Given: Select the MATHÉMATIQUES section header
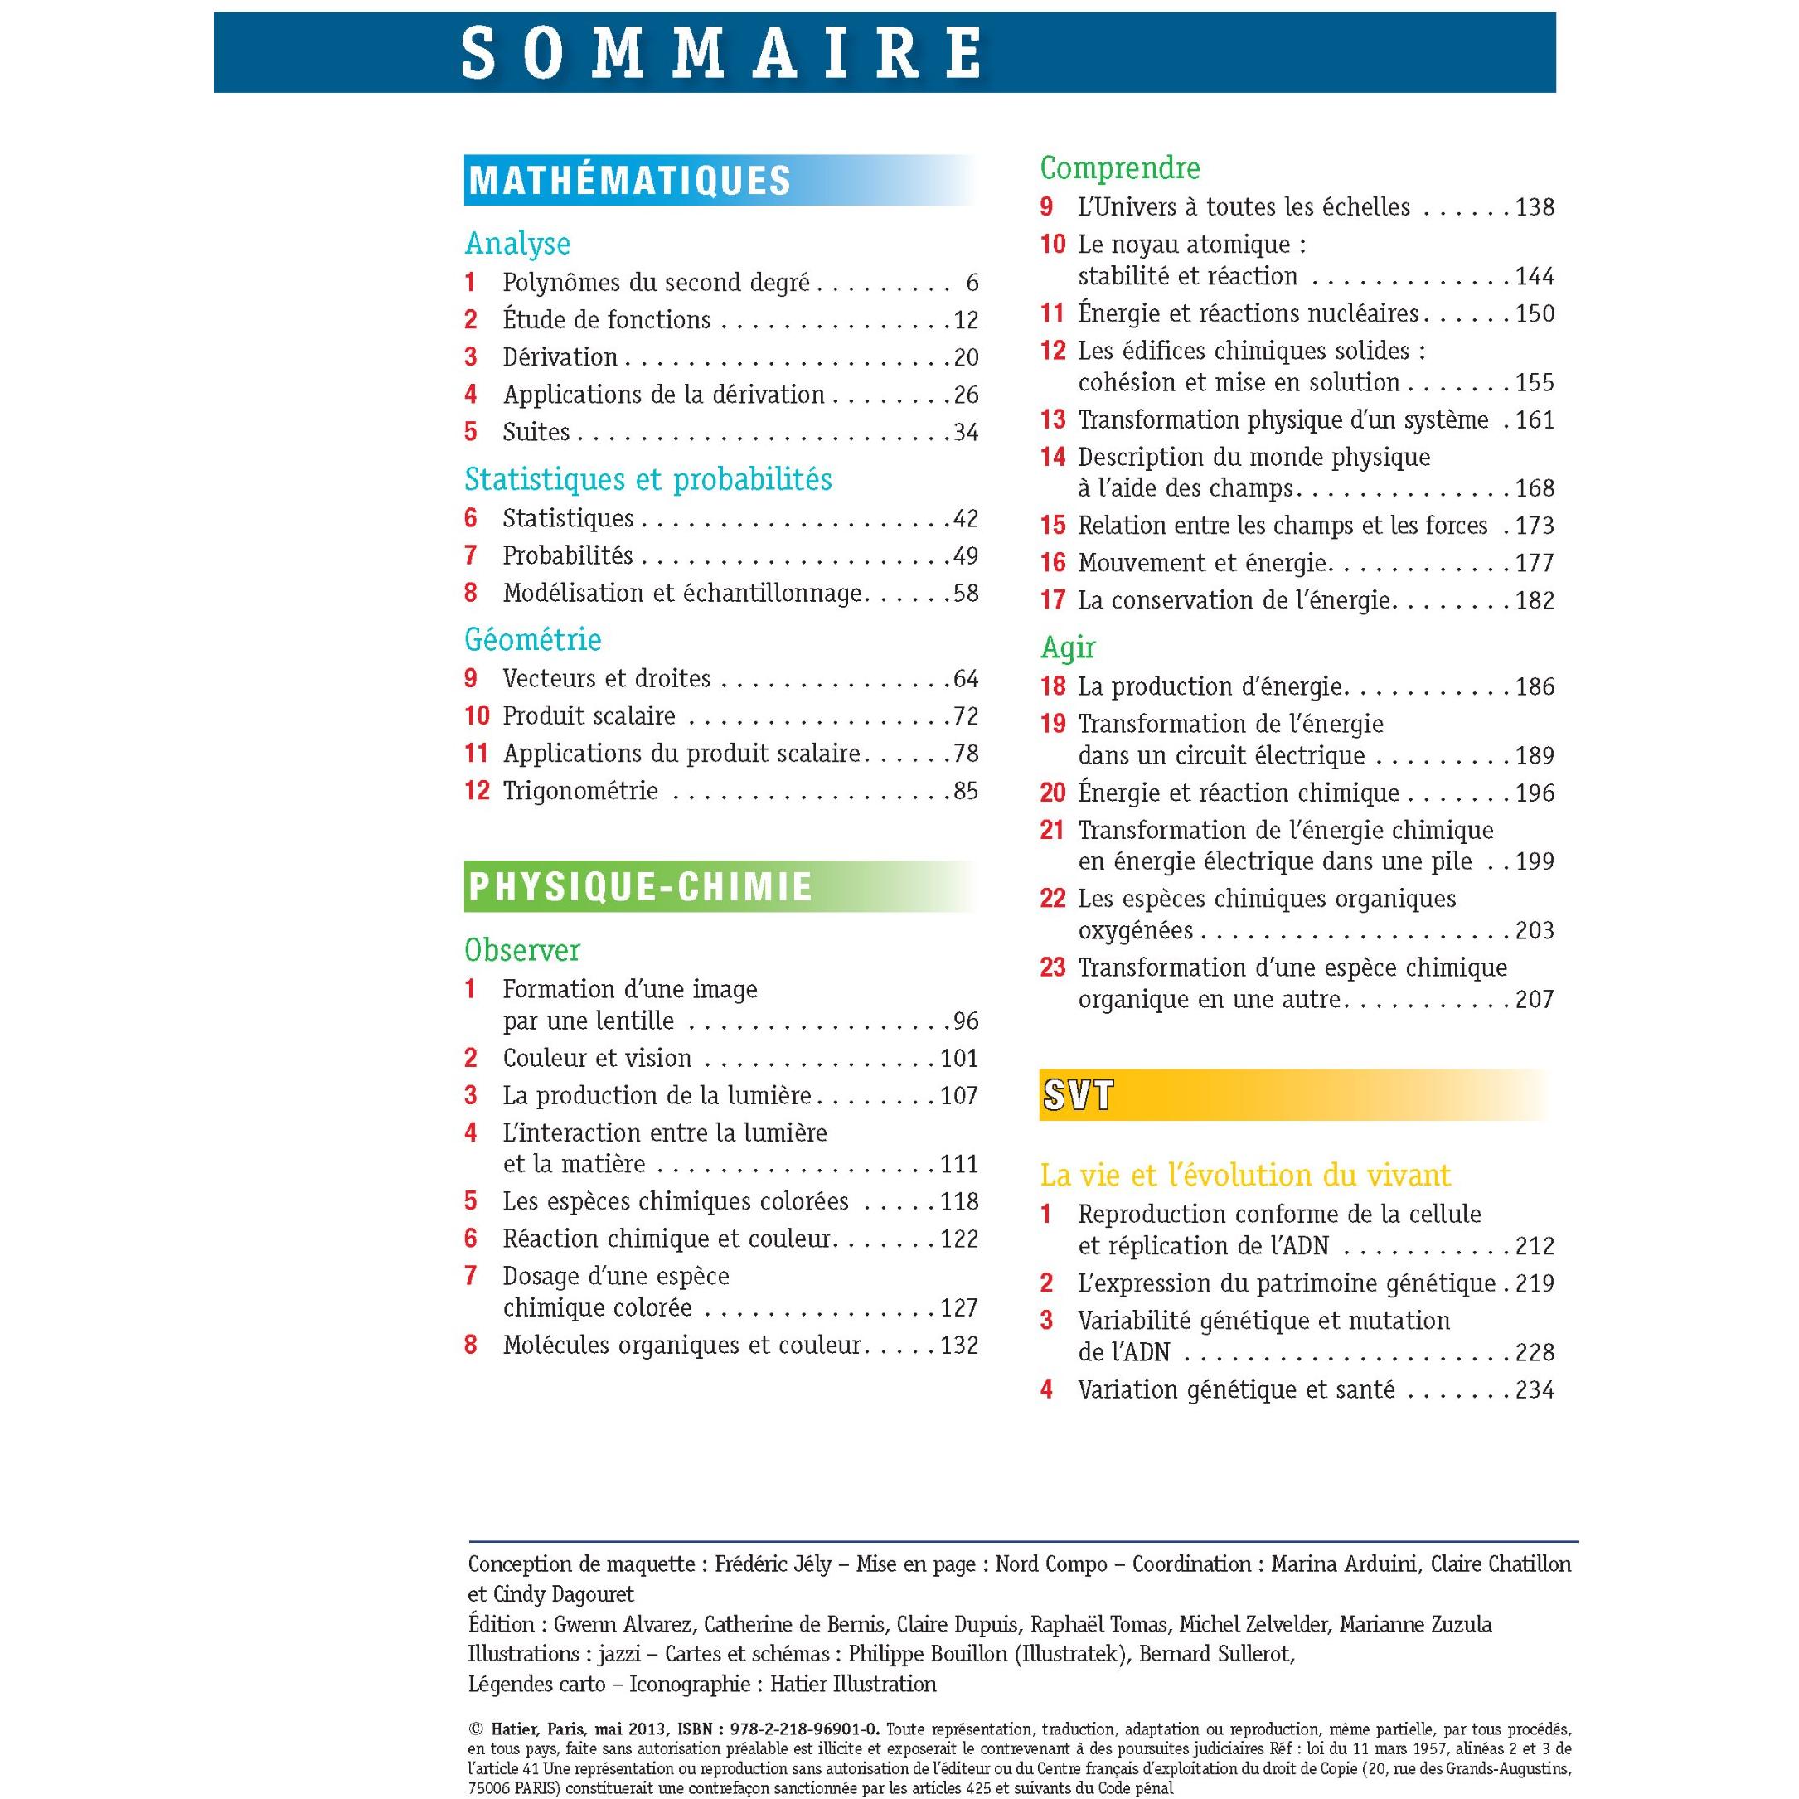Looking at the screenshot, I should (x=629, y=181).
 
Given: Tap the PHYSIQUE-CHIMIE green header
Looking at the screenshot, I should (x=641, y=886).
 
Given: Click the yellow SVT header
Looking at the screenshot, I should (x=1078, y=1096).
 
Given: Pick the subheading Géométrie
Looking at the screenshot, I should (x=532, y=640).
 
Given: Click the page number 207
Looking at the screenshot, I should (x=1535, y=1000).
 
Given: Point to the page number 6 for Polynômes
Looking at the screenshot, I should (x=972, y=283).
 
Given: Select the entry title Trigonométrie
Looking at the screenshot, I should (x=580, y=792).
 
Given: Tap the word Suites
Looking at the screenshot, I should (x=536, y=432).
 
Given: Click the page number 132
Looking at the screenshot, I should (x=959, y=1346).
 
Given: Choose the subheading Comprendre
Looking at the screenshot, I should (x=1119, y=168).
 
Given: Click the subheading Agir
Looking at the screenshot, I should (x=1067, y=647).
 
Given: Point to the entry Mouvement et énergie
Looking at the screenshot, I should (x=1201, y=564).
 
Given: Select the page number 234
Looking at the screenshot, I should (x=1535, y=1390).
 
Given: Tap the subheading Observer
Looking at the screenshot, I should (x=521, y=951).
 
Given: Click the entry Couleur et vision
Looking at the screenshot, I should (x=597, y=1059).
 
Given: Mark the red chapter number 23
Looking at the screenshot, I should (x=1052, y=968).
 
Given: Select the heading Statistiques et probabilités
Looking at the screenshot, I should (x=648, y=479).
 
